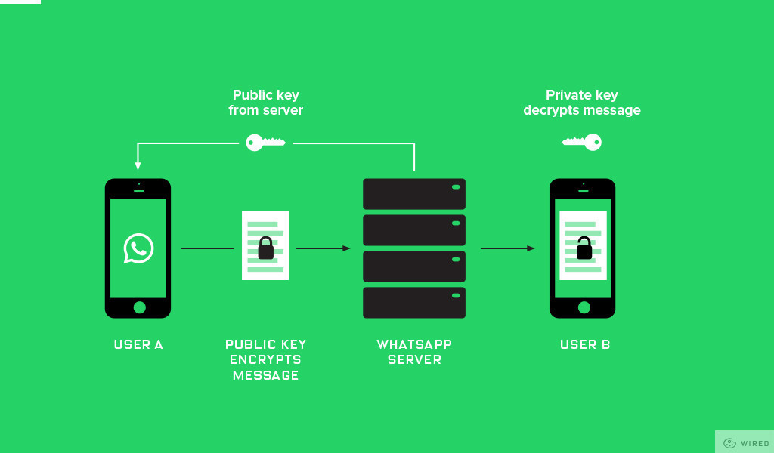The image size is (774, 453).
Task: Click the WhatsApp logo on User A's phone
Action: point(138,248)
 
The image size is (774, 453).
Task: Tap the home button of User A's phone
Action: point(139,307)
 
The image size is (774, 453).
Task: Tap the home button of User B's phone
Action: point(584,307)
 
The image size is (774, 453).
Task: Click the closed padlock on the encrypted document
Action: point(265,248)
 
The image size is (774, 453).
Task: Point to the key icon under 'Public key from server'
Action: point(265,142)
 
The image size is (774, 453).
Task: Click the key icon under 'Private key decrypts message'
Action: point(582,142)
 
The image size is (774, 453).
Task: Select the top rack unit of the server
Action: point(414,193)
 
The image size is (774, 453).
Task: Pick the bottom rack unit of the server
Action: point(414,303)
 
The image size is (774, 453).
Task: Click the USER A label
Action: point(138,345)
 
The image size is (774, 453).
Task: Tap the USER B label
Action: point(585,345)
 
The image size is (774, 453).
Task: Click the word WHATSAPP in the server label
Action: point(414,345)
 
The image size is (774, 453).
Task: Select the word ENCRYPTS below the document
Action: point(265,360)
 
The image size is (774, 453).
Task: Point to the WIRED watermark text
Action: point(754,443)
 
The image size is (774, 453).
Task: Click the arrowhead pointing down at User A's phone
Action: point(138,165)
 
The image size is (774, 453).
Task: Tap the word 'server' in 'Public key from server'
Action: point(283,110)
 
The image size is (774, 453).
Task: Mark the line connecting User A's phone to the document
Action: point(207,248)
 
